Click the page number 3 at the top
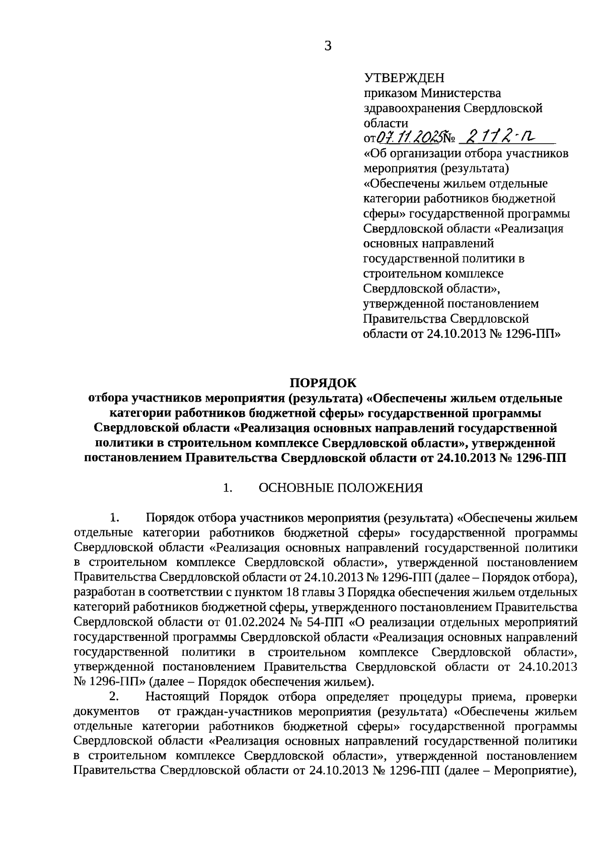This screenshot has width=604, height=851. coord(328,46)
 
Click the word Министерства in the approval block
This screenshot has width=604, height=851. coord(461,93)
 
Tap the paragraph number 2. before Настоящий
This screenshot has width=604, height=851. coord(114,697)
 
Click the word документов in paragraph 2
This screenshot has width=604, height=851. coord(106,711)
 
